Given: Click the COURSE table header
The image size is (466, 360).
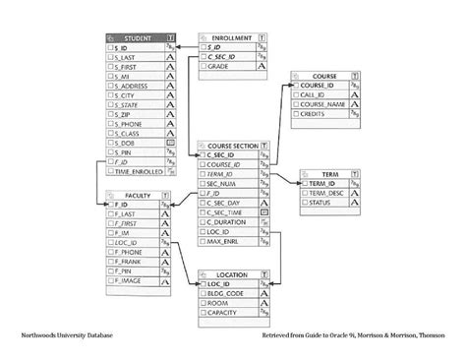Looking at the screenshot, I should pyautogui.click(x=323, y=77).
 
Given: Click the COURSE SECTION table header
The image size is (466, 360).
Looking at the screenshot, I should pyautogui.click(x=231, y=145).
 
